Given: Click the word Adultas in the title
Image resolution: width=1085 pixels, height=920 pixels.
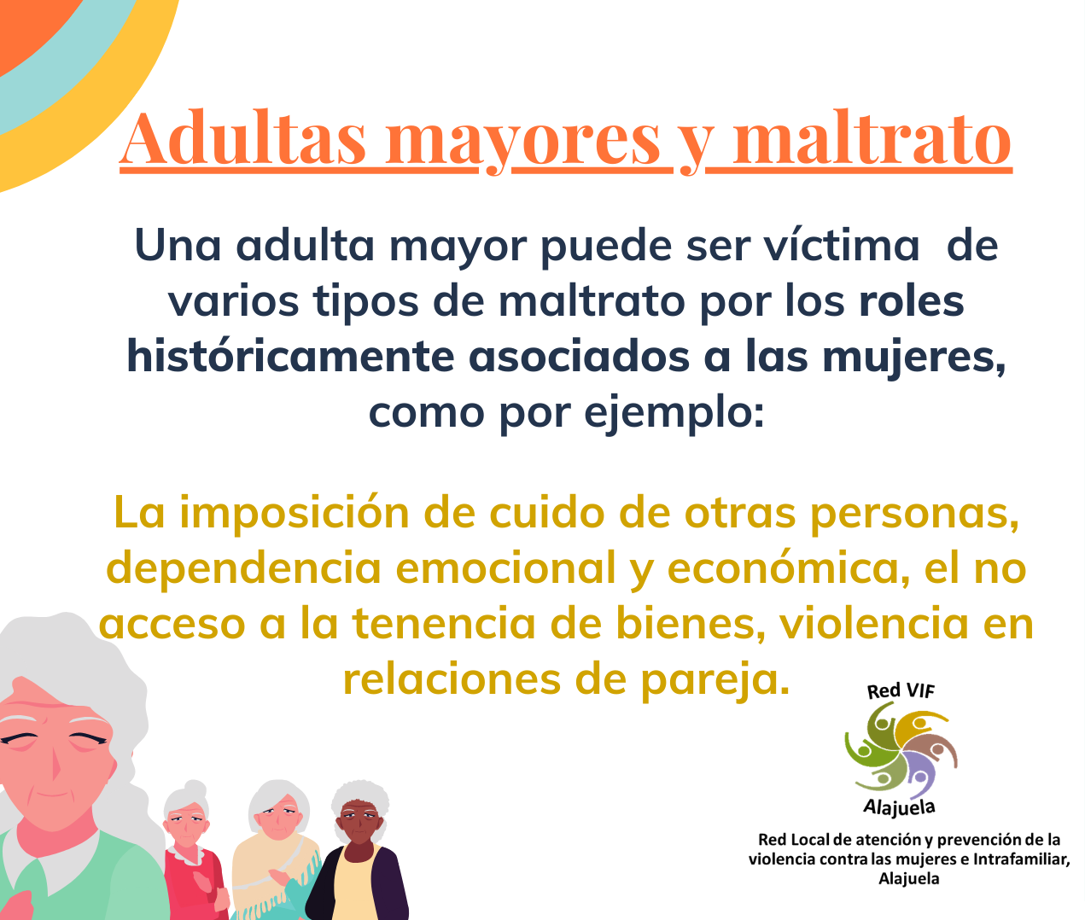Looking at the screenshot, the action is coord(242,137).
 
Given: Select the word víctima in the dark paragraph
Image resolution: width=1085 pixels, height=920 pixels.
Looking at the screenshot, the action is coord(842,245).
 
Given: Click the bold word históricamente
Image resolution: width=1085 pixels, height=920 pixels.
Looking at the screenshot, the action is coord(290,356).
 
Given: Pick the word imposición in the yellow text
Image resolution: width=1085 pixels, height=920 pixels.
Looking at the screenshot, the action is coord(295,513).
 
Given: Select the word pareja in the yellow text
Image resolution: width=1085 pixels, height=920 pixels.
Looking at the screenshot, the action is coord(715,681).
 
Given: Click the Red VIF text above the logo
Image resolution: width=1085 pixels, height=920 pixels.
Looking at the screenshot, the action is coord(901,690).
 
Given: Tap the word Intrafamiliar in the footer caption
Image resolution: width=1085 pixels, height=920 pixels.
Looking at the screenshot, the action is coord(1021,859).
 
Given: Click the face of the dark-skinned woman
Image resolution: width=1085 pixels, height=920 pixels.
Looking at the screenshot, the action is coord(359,822).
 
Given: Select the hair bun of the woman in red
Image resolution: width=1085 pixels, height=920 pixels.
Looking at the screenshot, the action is coord(195,789).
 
